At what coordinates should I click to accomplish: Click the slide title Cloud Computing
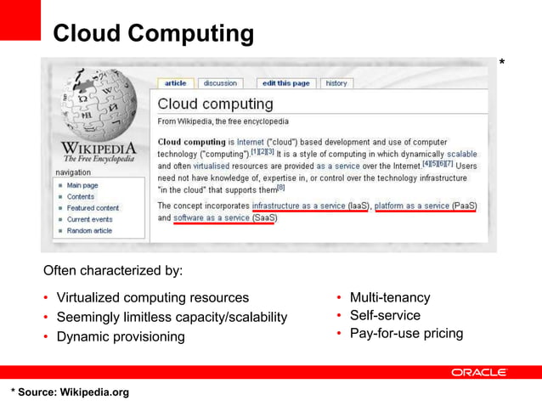[153, 34]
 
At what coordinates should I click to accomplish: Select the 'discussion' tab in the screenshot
[220, 83]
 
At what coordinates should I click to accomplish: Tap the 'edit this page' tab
[286, 83]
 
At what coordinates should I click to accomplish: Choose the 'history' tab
[336, 83]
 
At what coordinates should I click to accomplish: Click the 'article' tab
[175, 83]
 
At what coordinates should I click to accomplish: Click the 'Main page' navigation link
[82, 185]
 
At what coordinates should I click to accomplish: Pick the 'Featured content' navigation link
[93, 208]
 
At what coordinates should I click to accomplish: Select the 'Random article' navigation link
[89, 231]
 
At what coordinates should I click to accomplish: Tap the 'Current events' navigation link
[89, 219]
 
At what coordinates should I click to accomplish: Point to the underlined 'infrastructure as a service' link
[298, 206]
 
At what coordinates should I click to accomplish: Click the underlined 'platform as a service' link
[412, 206]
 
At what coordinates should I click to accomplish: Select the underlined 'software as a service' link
[212, 217]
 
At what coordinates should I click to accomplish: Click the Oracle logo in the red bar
[479, 372]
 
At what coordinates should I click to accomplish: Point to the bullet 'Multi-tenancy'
[389, 297]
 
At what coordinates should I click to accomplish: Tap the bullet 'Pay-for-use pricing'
[406, 333]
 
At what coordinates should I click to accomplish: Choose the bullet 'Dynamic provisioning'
[120, 336]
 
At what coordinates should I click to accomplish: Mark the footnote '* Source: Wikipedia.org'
[70, 392]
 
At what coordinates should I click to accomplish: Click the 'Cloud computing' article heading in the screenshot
[216, 104]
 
